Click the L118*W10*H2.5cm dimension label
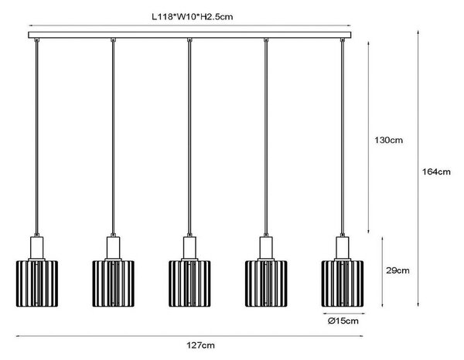193,17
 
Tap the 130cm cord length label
388,140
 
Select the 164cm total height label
436,172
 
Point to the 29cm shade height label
397,270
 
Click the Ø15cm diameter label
343,321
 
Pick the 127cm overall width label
200,345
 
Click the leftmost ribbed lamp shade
37,284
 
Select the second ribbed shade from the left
114,284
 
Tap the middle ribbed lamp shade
189,284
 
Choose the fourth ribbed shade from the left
266,284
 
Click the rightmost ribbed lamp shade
343,284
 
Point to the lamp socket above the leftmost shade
37,248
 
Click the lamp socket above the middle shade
189,248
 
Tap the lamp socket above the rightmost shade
343,248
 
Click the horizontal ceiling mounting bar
189,35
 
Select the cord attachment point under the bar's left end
36,40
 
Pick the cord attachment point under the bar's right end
343,40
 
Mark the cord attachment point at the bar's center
189,40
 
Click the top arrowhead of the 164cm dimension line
418,31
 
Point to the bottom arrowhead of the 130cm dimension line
368,233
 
